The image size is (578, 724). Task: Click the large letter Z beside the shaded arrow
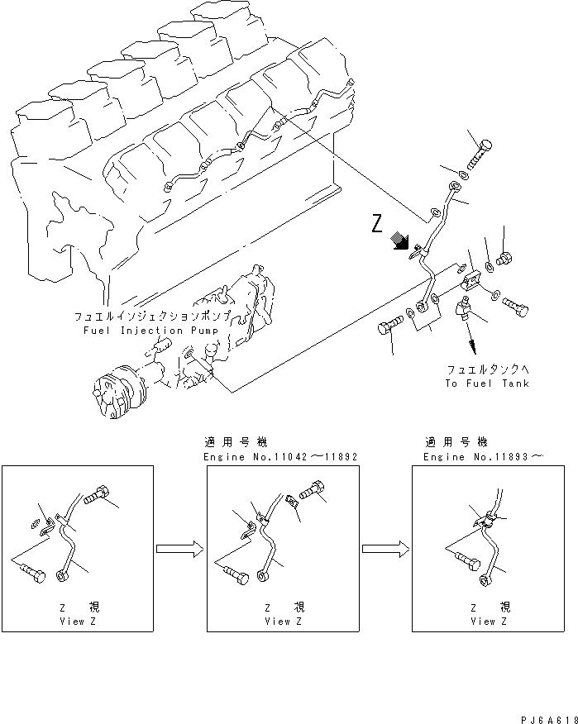click(x=378, y=223)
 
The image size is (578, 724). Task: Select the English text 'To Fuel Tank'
click(x=486, y=383)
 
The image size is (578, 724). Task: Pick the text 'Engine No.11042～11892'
click(x=280, y=456)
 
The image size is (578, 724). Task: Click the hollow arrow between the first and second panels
click(x=179, y=547)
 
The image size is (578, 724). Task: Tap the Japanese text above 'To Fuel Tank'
click(x=486, y=369)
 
